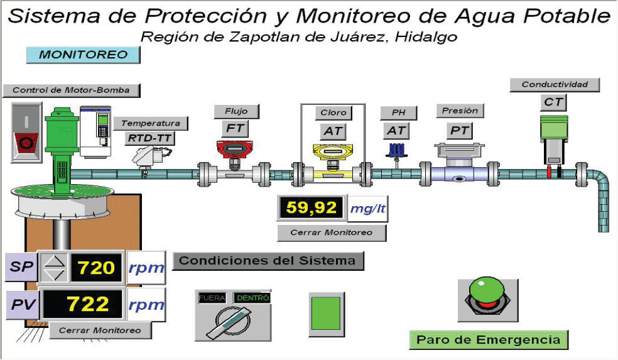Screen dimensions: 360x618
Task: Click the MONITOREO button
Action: [x=83, y=55]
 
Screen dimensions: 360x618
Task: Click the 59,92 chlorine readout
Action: [x=312, y=208]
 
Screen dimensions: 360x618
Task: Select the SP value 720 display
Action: [x=97, y=268]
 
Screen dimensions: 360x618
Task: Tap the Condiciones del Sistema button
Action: [x=268, y=261]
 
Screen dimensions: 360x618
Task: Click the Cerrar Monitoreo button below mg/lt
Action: [x=331, y=232]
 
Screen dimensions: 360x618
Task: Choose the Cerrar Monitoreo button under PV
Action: [x=100, y=330]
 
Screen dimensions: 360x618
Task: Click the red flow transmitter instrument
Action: [x=234, y=150]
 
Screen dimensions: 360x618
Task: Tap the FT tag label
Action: [x=234, y=129]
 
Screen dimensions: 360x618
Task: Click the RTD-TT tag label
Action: [x=150, y=138]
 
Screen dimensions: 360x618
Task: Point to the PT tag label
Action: [x=459, y=131]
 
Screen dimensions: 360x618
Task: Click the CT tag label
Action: [x=553, y=102]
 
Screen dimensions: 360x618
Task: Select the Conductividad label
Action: [x=555, y=84]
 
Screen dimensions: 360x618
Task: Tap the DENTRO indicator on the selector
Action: [x=252, y=297]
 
